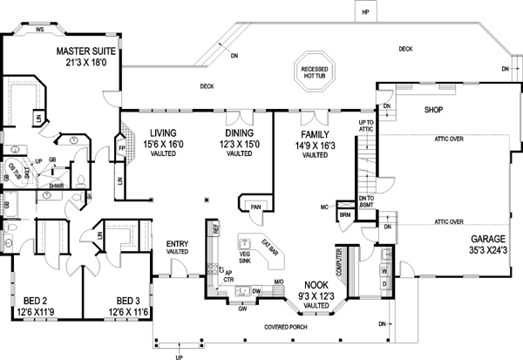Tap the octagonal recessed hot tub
313,73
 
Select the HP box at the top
367,12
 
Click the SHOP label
435,111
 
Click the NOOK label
316,284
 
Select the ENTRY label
178,243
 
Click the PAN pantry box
255,207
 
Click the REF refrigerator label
213,228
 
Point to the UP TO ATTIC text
368,126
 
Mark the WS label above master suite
39,28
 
